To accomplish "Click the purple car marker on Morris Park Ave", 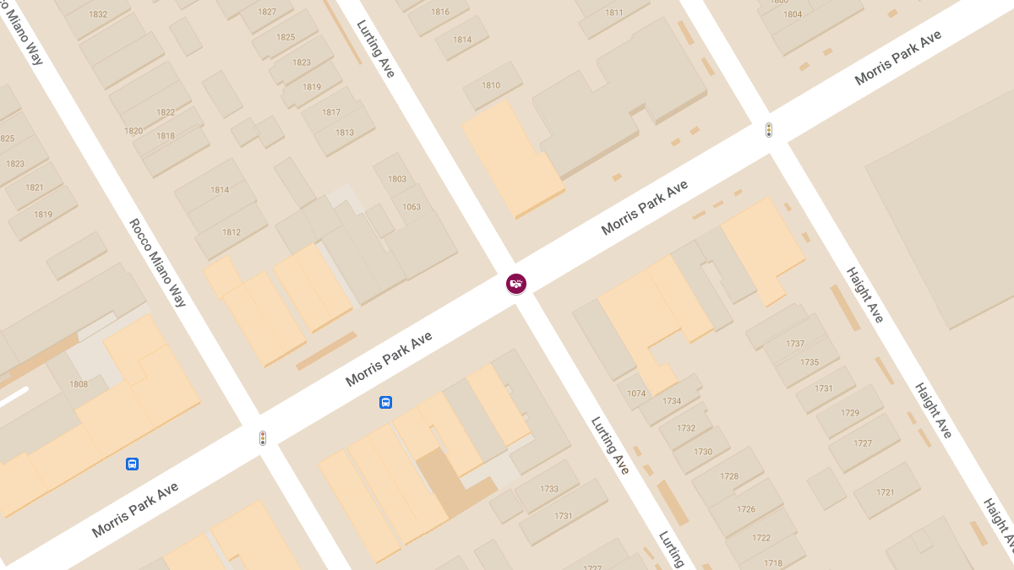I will click(516, 284).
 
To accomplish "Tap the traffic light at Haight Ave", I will click(769, 130).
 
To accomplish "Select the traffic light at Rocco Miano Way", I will click(263, 438).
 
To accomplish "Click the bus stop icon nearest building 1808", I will click(132, 464).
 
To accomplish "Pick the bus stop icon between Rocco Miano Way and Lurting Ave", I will click(385, 402).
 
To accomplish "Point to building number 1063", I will click(412, 207).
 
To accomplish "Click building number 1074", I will click(636, 394).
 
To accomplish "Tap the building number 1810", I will click(491, 85).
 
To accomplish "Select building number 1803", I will click(397, 179).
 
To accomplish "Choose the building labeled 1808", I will click(79, 384).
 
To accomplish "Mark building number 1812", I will click(232, 232).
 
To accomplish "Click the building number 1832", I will click(98, 14).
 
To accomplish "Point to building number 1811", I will click(614, 13).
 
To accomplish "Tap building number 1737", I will click(795, 344).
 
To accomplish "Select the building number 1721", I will click(886, 492).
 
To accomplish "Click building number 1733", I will click(549, 489).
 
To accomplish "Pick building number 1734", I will click(672, 401).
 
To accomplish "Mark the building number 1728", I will click(729, 476).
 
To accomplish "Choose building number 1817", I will click(331, 112).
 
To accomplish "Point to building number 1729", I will click(849, 413).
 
